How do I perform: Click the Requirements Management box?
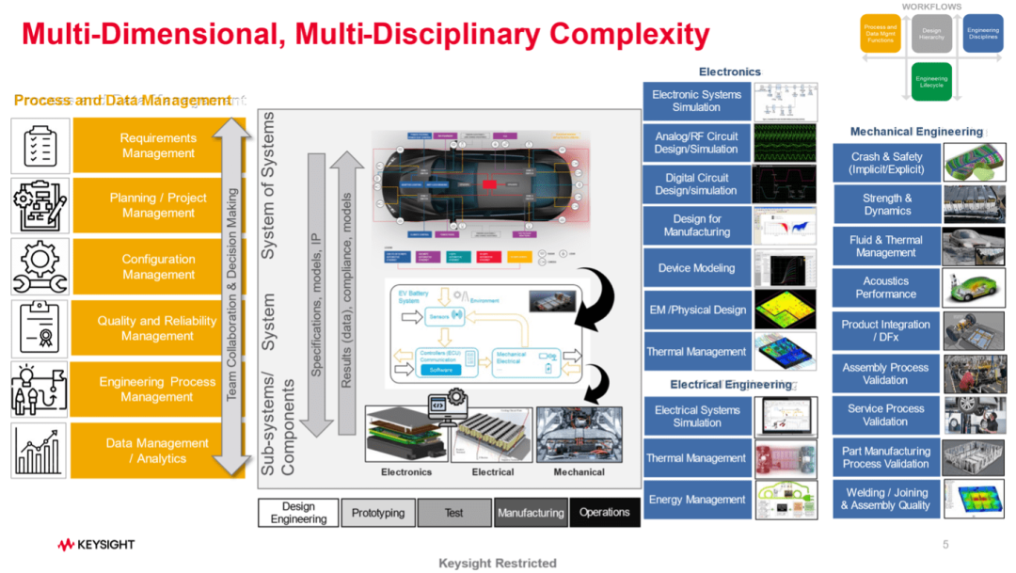tap(158, 146)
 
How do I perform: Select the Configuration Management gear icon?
tap(40, 267)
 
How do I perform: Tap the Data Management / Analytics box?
tap(158, 451)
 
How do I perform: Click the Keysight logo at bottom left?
tap(96, 545)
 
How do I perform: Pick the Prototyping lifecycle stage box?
tap(377, 513)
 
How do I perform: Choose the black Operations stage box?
tap(604, 513)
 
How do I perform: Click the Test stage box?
tap(454, 513)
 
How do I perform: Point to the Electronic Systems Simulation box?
tap(697, 101)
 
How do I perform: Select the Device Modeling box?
tap(697, 268)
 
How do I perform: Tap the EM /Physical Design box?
tap(697, 310)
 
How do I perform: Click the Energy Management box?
tap(697, 500)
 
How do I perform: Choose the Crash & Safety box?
tap(886, 164)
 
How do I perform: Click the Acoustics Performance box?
tap(886, 287)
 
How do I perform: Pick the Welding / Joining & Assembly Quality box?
tap(886, 499)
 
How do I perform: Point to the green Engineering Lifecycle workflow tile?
tap(931, 82)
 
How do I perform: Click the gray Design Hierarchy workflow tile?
tap(931, 34)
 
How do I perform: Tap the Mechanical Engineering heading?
tap(916, 132)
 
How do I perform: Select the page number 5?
tap(945, 545)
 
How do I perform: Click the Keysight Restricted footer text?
tap(498, 563)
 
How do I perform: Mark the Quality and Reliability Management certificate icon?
tap(40, 328)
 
